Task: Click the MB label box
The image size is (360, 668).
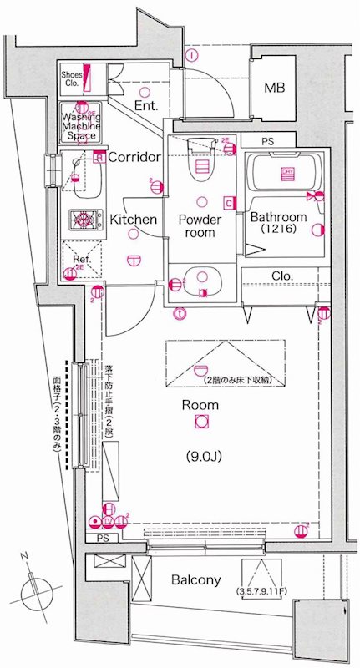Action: tap(274, 88)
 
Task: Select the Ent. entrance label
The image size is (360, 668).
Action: tap(147, 106)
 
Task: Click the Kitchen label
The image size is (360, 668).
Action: tap(134, 220)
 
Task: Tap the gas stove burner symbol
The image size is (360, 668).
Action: tap(83, 220)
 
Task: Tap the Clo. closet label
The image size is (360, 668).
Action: tap(281, 276)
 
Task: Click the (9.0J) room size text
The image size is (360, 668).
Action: tap(200, 457)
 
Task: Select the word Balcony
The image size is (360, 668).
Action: tap(196, 579)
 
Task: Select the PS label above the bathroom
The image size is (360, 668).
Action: tap(268, 142)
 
